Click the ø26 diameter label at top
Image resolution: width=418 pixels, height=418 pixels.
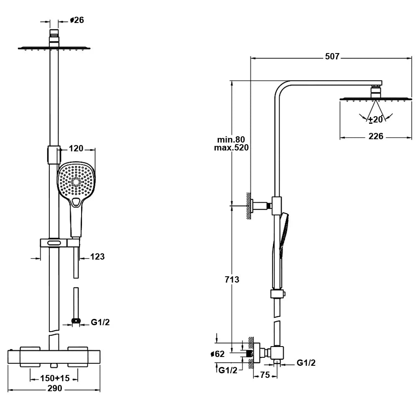coord(77,20)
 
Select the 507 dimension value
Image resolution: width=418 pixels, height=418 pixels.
coord(332,56)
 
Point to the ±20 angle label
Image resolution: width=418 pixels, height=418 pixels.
coord(375,120)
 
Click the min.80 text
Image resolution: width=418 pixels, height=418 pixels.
coord(231,139)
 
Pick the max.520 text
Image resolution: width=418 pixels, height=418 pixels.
coord(231,148)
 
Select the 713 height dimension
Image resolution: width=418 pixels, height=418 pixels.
coord(232,279)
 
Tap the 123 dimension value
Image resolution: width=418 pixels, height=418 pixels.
coord(97,257)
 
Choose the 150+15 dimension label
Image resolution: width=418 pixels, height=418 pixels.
coord(54,378)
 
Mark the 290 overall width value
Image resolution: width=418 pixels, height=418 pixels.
coord(54,389)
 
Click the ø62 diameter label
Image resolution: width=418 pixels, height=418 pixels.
coord(218,354)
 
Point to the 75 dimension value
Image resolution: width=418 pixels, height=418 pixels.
coord(265,375)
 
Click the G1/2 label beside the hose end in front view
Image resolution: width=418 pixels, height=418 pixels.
coord(101,322)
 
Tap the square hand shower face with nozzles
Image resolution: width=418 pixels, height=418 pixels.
coord(76,181)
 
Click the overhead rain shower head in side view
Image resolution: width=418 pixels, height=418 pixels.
coord(375,99)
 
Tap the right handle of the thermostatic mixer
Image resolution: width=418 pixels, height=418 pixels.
coord(79,357)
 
